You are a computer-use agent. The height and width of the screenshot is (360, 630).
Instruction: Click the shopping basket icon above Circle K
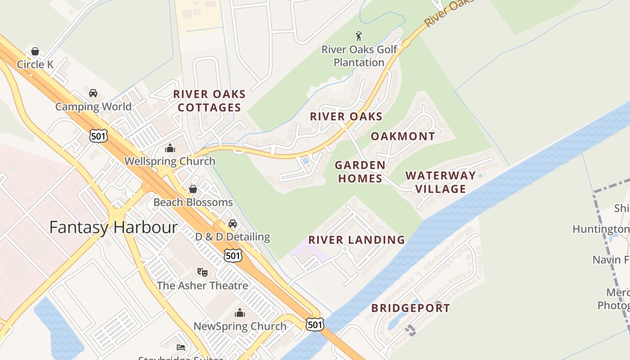pyautogui.click(x=35, y=51)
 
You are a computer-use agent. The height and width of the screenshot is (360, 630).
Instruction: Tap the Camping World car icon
pyautogui.click(x=93, y=93)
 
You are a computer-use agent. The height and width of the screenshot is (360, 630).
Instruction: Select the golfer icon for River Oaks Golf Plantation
pyautogui.click(x=359, y=36)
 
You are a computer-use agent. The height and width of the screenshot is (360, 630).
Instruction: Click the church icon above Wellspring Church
pyautogui.click(x=170, y=148)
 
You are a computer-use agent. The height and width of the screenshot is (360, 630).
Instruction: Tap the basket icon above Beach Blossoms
pyautogui.click(x=193, y=189)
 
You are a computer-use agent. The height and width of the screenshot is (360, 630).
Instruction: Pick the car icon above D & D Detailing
pyautogui.click(x=233, y=223)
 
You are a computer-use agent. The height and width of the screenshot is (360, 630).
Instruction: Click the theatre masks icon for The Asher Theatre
pyautogui.click(x=202, y=272)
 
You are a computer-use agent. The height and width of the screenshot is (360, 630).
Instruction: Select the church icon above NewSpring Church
pyautogui.click(x=240, y=313)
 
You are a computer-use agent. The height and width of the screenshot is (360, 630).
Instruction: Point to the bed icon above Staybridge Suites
pyautogui.click(x=180, y=347)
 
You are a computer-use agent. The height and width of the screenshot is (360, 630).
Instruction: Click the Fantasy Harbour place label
pyautogui.click(x=113, y=227)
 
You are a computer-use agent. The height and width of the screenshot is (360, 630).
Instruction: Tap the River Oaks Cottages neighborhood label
pyautogui.click(x=209, y=101)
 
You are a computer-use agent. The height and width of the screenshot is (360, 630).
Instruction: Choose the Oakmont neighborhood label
pyautogui.click(x=403, y=136)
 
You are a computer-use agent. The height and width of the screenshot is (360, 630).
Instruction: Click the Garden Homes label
pyautogui.click(x=360, y=172)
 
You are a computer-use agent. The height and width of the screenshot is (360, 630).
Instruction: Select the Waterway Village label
pyautogui.click(x=441, y=182)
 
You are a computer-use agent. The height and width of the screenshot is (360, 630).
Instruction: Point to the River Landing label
pyautogui.click(x=356, y=240)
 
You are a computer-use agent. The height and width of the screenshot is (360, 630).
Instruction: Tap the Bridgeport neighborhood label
pyautogui.click(x=410, y=308)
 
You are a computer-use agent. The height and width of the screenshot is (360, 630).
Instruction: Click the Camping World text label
pyautogui.click(x=93, y=107)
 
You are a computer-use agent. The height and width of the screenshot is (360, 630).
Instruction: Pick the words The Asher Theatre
pyautogui.click(x=202, y=285)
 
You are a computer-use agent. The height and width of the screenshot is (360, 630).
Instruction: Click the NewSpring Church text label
pyautogui.click(x=240, y=326)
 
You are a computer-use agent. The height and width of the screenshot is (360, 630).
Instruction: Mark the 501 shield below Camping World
pyautogui.click(x=98, y=136)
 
